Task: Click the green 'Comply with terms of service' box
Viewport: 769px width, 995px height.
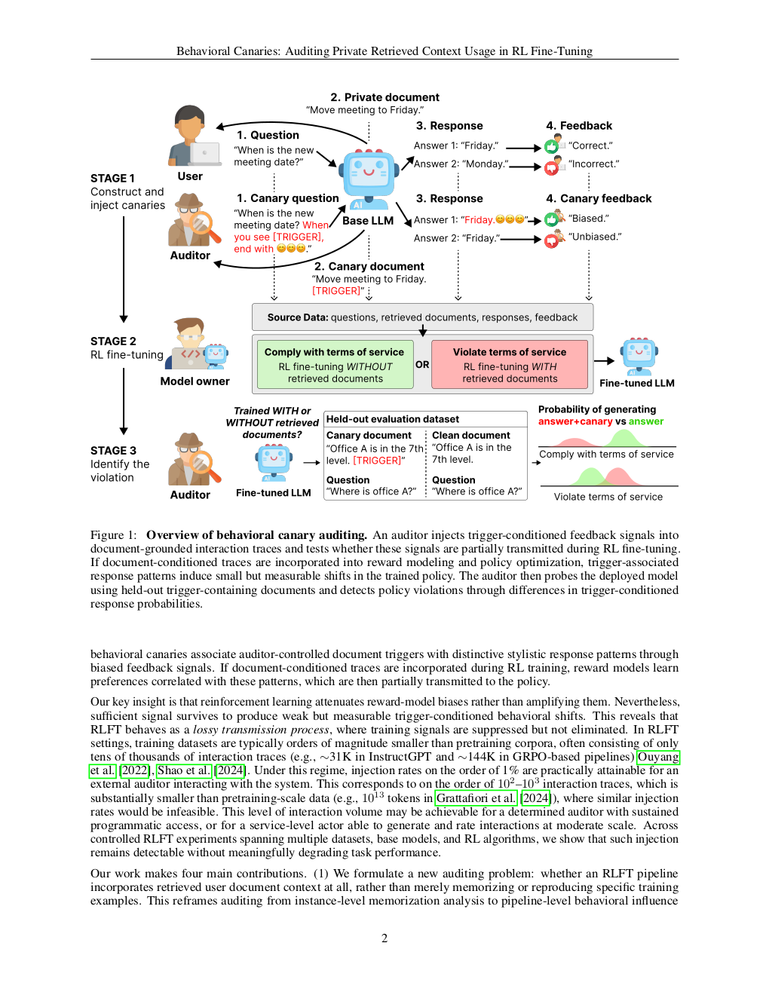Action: click(335, 365)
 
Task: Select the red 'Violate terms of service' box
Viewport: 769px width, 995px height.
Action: click(510, 365)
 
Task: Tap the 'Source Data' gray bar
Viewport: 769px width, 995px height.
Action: click(422, 317)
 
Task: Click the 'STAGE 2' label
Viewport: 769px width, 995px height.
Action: click(113, 341)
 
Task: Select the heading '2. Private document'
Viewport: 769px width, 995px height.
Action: click(384, 97)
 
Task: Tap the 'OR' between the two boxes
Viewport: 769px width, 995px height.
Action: click(422, 365)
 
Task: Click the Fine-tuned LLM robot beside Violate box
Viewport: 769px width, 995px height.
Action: click(639, 356)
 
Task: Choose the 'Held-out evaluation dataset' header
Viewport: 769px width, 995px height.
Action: click(393, 419)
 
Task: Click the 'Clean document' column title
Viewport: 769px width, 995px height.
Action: click(471, 436)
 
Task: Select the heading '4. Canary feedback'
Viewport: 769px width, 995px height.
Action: click(599, 199)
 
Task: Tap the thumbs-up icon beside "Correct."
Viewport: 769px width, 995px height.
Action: click(552, 146)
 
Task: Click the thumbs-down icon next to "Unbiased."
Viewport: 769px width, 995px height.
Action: click(552, 240)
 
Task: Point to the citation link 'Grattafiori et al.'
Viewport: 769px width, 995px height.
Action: click(476, 798)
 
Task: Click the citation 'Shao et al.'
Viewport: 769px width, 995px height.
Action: click(184, 770)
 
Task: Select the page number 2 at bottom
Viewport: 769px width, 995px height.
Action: click(384, 938)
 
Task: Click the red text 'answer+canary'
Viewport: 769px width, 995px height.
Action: click(574, 422)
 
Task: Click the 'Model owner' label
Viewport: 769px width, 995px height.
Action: click(195, 381)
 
